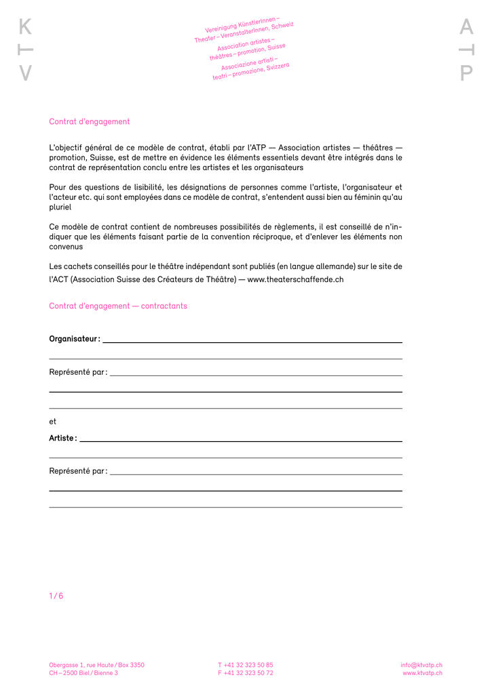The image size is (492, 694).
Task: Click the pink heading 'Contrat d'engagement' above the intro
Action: [x=89, y=122]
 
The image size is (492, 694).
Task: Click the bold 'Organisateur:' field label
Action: [x=75, y=339]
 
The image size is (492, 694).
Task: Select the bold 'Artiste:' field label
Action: [x=63, y=438]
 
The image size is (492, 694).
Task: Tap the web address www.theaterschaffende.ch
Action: [x=295, y=279]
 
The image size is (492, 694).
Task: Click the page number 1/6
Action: [x=56, y=596]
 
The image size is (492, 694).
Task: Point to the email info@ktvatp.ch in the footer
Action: [x=421, y=665]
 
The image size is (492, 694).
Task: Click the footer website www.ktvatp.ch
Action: [x=422, y=673]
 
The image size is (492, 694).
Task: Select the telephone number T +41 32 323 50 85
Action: [x=246, y=665]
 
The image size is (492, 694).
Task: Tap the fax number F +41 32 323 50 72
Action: [x=246, y=673]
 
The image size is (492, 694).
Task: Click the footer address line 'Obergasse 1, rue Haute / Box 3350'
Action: [x=96, y=665]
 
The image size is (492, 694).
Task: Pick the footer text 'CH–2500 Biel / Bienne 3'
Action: [x=83, y=673]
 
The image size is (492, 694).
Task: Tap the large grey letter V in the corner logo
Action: [x=25, y=73]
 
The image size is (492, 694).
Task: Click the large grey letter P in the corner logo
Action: [x=466, y=73]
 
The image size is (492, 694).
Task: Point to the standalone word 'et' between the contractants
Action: [x=53, y=422]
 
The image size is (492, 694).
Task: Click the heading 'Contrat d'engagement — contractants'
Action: [x=118, y=306]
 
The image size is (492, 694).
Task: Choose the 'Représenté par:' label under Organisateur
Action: [x=78, y=372]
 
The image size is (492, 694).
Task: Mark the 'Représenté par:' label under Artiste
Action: [x=78, y=471]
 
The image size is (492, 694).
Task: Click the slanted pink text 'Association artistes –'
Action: [x=246, y=45]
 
